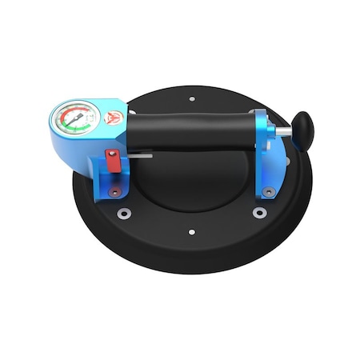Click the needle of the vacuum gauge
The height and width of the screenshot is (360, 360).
pos(74,121)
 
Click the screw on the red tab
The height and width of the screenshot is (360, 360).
pos(115,154)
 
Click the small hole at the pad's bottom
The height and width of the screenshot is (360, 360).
pos(192,232)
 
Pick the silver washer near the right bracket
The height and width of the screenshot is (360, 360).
pos(259,212)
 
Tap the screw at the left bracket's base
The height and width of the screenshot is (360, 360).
pos(115,192)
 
